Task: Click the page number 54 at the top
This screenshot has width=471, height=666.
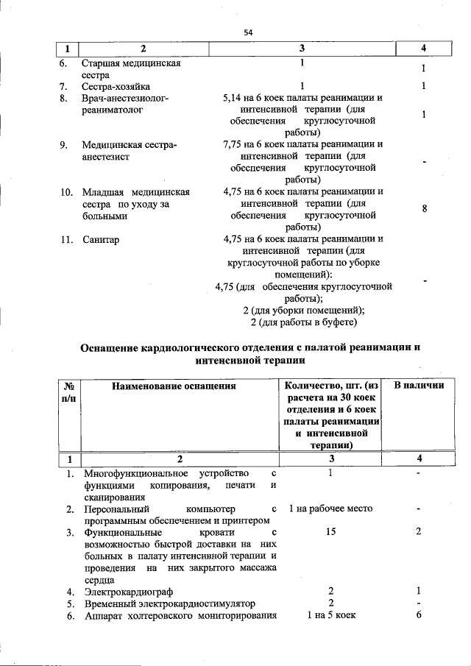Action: click(248, 32)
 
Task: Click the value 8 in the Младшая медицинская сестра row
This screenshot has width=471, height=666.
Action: click(424, 209)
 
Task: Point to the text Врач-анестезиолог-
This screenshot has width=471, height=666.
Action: click(126, 98)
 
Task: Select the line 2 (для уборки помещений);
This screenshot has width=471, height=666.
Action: click(303, 310)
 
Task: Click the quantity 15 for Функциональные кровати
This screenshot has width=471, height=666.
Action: click(330, 532)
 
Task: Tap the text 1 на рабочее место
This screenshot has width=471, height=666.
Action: click(330, 509)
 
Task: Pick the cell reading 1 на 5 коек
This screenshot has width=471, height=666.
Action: click(330, 616)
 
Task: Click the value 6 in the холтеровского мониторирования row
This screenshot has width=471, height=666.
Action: click(418, 616)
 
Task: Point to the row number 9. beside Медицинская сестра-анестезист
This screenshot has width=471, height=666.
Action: click(65, 145)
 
